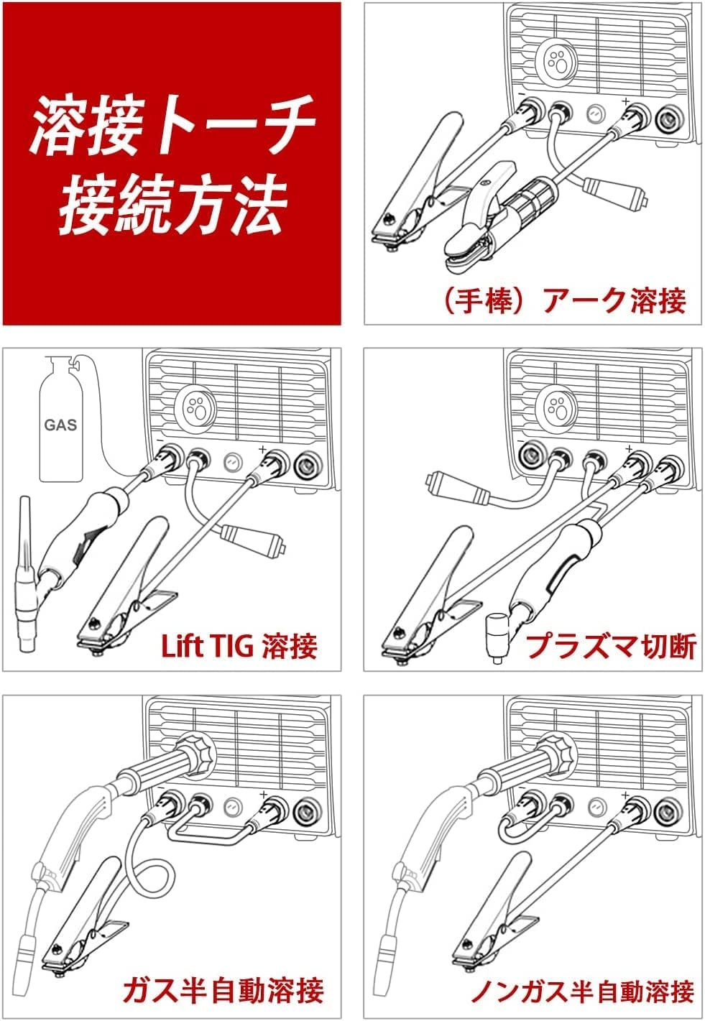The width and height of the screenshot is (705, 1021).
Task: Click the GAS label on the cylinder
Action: click(60, 425)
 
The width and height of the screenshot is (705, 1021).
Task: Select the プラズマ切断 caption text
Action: click(611, 646)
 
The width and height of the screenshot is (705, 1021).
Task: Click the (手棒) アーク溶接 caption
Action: click(563, 300)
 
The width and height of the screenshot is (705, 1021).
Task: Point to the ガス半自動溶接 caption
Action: click(223, 990)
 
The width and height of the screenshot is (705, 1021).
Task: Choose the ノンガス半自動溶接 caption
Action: click(581, 991)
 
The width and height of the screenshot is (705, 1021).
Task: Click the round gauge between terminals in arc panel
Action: click(595, 114)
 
